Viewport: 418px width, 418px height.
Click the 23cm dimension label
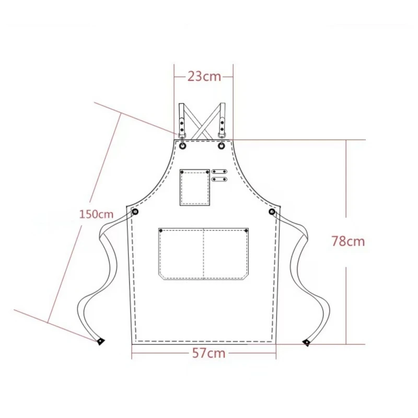coord(204,76)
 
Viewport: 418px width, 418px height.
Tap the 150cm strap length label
coord(96,214)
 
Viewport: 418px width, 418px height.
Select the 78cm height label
coord(348,241)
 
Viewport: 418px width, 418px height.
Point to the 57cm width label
coord(208,353)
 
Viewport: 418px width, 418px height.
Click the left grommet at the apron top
coord(182,146)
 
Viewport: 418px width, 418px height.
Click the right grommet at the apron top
coord(222,146)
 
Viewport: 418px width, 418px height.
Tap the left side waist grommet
coord(135,212)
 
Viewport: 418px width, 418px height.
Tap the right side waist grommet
coord(272,212)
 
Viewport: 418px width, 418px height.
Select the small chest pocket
coord(194,188)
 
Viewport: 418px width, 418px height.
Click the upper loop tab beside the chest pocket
coord(219,171)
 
